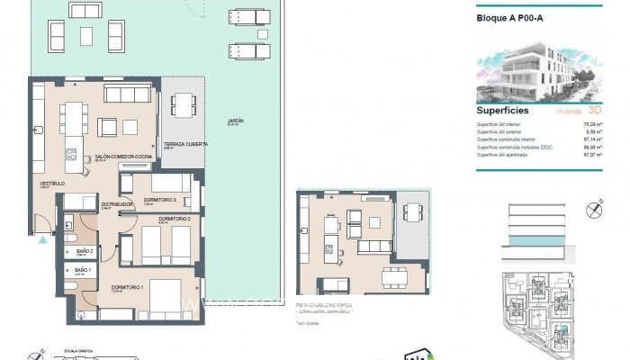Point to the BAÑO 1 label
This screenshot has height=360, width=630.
click(x=84, y=270)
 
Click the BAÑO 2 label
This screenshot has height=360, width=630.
click(x=85, y=250)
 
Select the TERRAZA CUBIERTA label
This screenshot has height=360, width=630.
click(x=185, y=143)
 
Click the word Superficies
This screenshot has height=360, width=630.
click(x=502, y=111)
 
